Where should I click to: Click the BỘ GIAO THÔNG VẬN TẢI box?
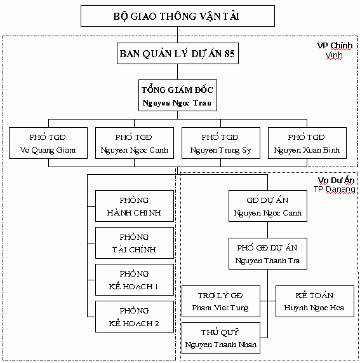(178, 16)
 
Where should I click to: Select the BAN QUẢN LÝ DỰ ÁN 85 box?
(178, 53)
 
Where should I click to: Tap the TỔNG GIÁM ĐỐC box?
(178, 95)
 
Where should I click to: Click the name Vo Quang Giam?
(48, 150)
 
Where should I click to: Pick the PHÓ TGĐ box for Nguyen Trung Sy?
(221, 143)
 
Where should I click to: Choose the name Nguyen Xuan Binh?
(307, 150)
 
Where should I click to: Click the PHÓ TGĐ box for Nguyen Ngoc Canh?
(135, 143)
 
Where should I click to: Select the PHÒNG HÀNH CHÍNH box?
(135, 206)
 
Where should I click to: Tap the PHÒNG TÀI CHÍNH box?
(135, 243)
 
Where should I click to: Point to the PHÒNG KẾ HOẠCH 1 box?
(135, 280)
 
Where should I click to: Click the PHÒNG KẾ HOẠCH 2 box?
(135, 317)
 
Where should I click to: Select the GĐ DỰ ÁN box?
(268, 206)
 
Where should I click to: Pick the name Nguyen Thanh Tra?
(267, 261)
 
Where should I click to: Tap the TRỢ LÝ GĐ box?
(221, 301)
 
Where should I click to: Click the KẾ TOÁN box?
(315, 301)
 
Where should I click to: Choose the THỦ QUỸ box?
(221, 338)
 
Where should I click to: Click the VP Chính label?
(335, 46)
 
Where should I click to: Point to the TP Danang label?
(335, 189)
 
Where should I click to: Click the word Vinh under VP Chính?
(334, 55)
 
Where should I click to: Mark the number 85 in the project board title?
(229, 53)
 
